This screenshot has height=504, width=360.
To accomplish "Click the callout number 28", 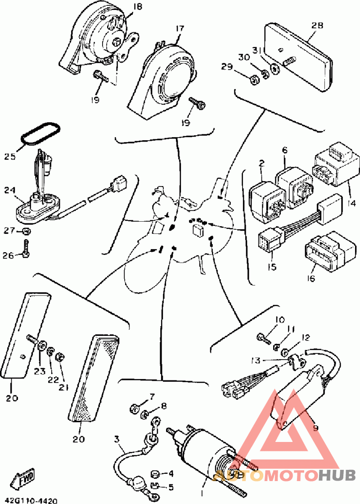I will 317,26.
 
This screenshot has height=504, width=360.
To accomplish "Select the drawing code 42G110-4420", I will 31,500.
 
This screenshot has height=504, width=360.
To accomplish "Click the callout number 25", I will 10,156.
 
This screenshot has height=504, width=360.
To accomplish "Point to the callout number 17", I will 180,29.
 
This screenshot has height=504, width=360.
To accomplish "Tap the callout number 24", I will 10,190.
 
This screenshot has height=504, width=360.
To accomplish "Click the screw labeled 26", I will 26,248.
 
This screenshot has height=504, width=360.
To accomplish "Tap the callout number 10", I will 280,320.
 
